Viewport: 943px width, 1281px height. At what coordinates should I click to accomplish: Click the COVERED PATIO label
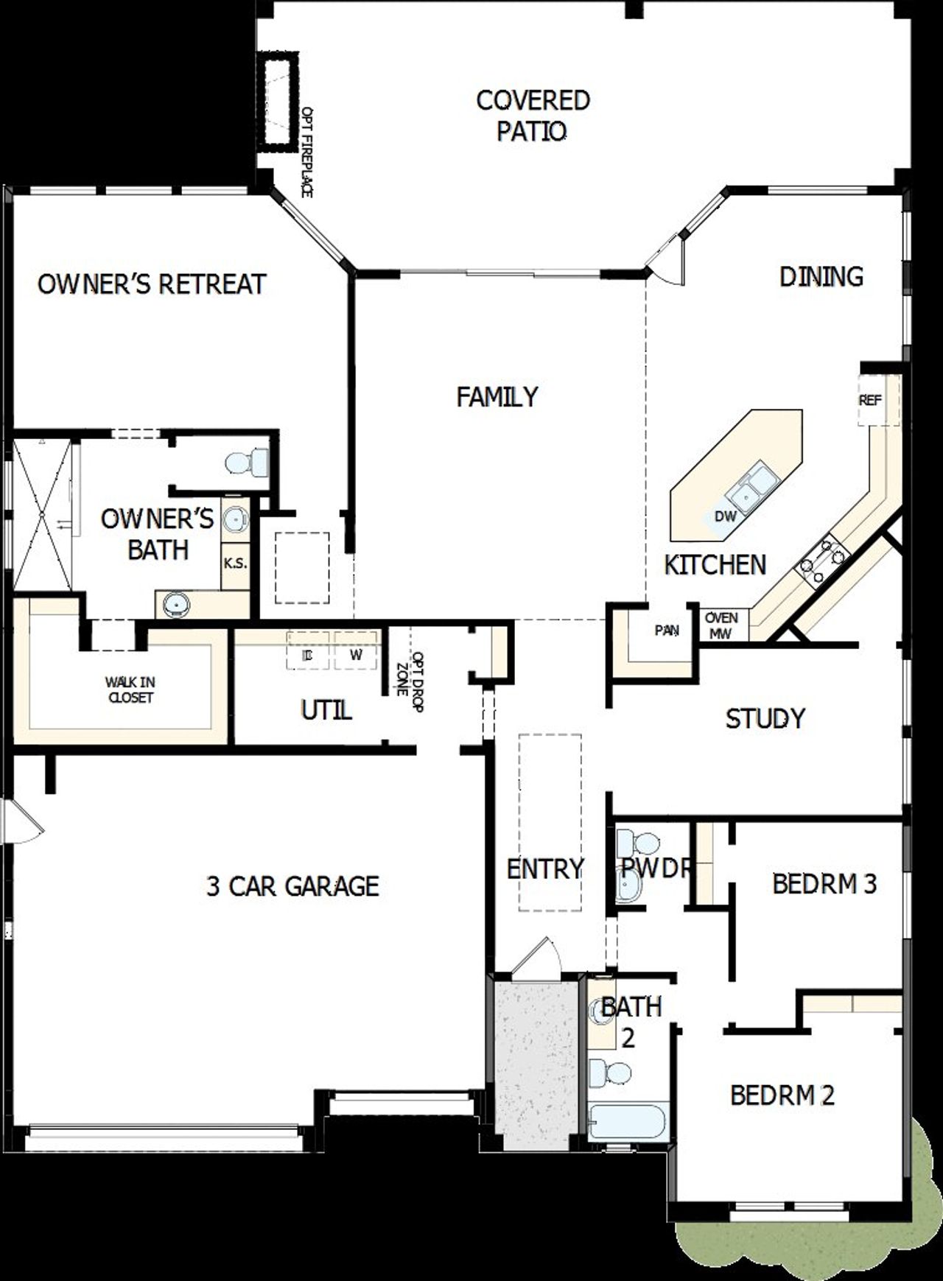click(x=532, y=116)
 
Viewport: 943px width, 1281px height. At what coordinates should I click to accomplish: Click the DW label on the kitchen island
click(x=725, y=517)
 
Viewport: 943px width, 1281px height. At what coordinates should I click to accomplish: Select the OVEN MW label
click(x=721, y=625)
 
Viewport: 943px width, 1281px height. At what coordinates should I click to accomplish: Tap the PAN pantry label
click(x=667, y=631)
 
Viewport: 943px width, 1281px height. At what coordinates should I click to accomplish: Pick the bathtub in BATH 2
click(x=628, y=1120)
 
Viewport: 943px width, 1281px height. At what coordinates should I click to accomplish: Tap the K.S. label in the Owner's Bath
click(x=235, y=564)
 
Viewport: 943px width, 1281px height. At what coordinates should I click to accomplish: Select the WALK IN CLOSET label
click(x=130, y=690)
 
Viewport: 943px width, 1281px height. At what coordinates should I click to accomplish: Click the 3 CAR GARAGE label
click(x=292, y=886)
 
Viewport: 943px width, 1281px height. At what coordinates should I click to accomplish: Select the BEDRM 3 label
click(x=824, y=883)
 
